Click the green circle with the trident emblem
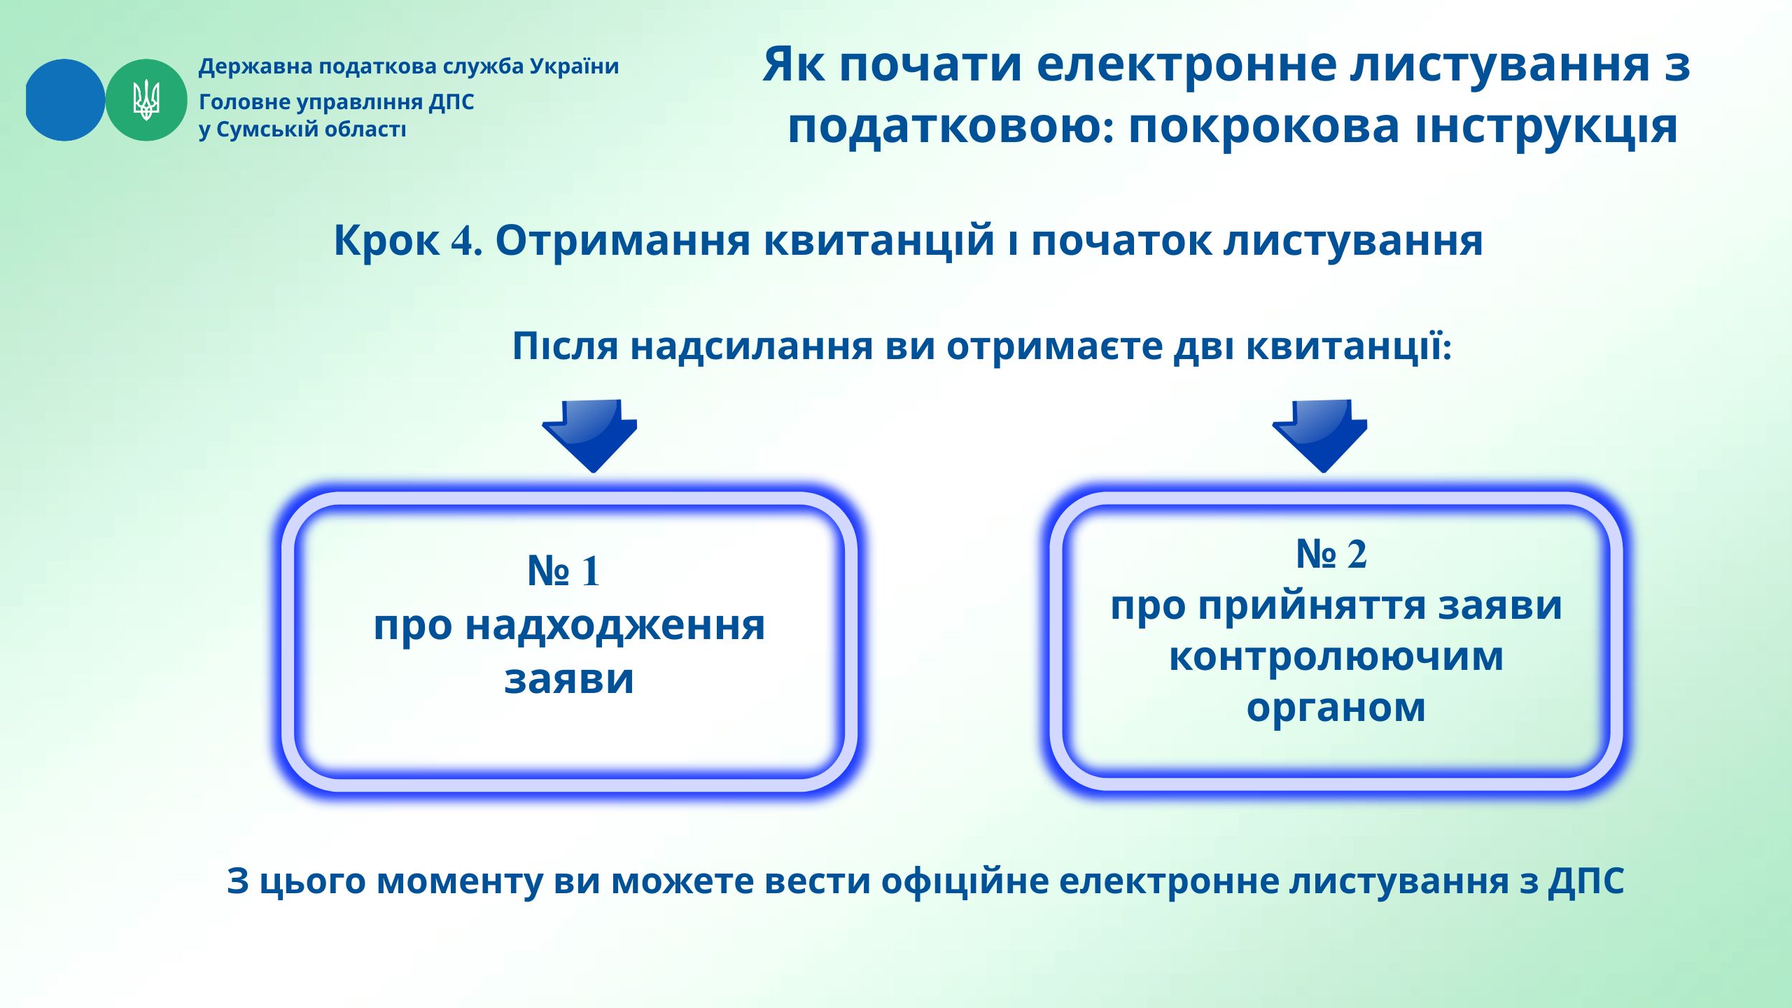pos(146,100)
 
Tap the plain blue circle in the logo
pos(64,100)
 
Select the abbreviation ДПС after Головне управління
pos(451,102)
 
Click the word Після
pos(566,346)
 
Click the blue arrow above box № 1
pos(590,435)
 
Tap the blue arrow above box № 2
pos(1320,435)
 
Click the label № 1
pos(564,571)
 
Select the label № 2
pos(1331,554)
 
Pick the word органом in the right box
pos(1336,708)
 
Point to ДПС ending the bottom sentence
pos(1586,882)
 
